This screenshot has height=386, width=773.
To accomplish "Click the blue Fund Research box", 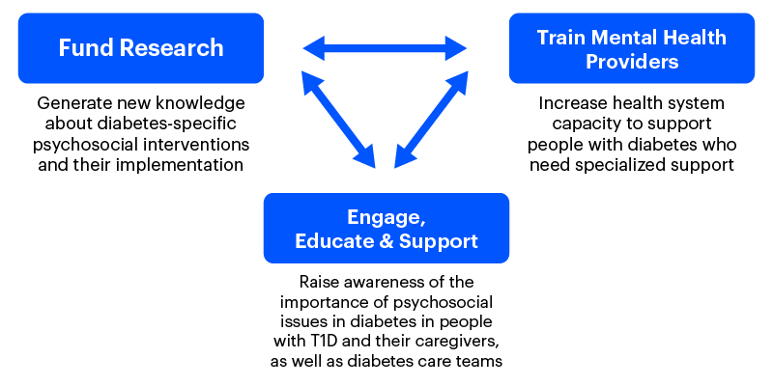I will coord(140,47).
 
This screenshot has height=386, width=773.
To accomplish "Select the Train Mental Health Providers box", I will coord(632,48).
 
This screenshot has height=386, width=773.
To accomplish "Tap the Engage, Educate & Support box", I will coord(386,228).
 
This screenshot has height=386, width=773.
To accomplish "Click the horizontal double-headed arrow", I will coord(386,45).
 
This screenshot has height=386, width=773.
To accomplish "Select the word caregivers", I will coord(456,342).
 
